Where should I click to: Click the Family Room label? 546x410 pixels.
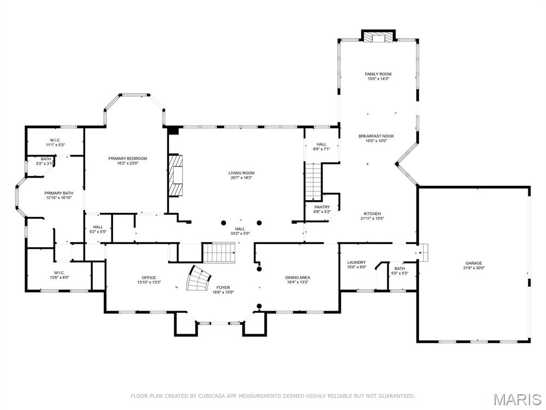(x=378, y=74)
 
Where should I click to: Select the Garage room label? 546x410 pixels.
(x=473, y=263)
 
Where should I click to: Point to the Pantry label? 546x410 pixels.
(x=322, y=207)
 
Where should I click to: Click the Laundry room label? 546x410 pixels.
(x=356, y=262)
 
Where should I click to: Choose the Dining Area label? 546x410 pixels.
(x=297, y=278)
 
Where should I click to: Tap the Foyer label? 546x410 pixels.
(x=223, y=287)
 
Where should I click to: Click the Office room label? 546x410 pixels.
(x=149, y=278)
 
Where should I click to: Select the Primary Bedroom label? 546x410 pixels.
(x=127, y=159)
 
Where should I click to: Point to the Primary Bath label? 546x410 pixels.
(x=59, y=193)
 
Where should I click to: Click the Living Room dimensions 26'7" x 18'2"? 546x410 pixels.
(x=242, y=178)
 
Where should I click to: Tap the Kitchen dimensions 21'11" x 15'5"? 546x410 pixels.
(x=372, y=218)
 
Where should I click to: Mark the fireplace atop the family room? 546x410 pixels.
(x=379, y=36)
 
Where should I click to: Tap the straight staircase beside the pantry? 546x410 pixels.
(x=314, y=182)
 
